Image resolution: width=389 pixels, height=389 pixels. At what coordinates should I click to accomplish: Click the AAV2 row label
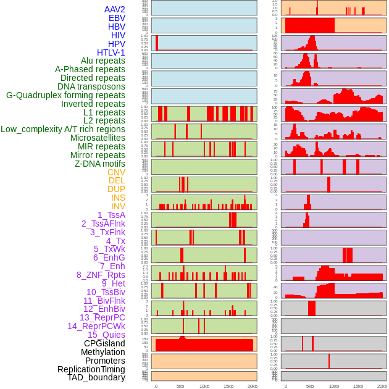115,9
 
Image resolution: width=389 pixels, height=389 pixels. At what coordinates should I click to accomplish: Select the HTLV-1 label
111,52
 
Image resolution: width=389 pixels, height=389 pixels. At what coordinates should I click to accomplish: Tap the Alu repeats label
103,61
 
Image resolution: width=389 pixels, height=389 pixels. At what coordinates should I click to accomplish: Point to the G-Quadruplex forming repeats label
65,95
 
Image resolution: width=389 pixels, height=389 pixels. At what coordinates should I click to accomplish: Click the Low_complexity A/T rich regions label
63,129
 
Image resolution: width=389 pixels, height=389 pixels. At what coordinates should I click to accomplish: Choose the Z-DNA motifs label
100,164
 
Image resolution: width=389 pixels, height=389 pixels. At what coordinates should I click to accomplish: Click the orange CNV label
116,172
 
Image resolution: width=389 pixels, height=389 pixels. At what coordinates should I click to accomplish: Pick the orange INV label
118,206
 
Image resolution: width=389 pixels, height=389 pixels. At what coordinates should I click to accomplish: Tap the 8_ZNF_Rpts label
101,275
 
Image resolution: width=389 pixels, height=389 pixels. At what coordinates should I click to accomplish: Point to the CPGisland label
104,343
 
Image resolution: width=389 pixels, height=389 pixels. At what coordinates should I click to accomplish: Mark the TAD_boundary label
96,377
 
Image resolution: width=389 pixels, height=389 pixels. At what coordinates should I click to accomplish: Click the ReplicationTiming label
91,369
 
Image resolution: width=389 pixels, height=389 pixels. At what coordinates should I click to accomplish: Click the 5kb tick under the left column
180,386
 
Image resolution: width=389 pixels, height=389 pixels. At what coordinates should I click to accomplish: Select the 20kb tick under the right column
382,386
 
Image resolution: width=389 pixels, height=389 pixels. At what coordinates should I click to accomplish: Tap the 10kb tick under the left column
204,386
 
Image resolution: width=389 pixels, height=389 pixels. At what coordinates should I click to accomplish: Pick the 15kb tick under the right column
358,386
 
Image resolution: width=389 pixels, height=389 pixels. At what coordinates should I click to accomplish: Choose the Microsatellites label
98,138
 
